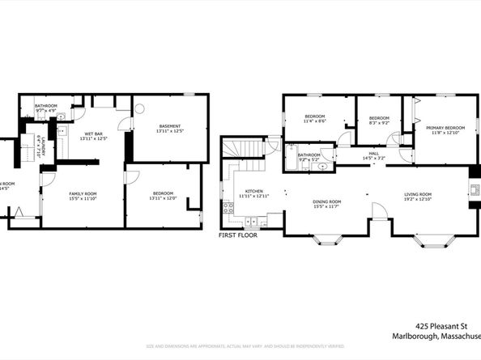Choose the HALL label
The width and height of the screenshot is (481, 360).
click(373, 152)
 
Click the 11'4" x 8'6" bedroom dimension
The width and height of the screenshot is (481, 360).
click(315, 121)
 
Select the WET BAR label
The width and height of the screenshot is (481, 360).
click(94, 133)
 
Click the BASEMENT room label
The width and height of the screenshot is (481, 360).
click(169, 125)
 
